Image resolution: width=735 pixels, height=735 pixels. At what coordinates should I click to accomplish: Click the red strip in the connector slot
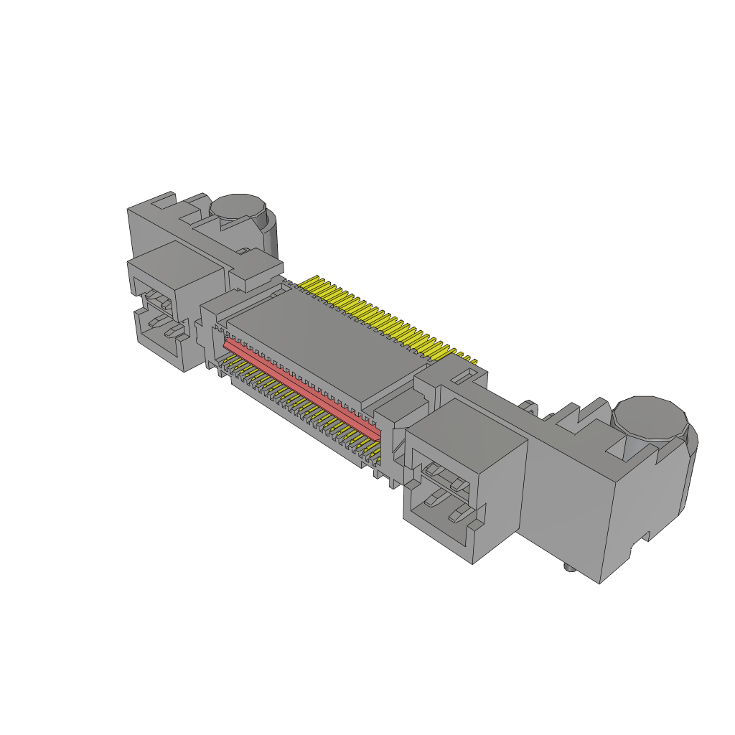point(301,388)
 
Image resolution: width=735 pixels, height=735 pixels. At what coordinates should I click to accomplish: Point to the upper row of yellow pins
point(380,316)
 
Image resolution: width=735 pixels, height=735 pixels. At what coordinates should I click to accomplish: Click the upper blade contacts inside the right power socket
point(442,472)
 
